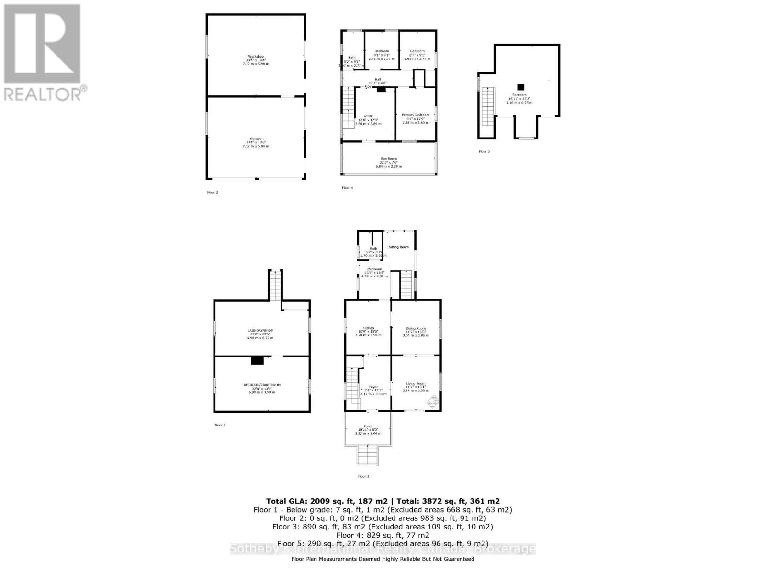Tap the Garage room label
tap(256, 139)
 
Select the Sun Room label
tap(389, 159)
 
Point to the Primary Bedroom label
tap(415, 115)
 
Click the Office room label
tap(368, 116)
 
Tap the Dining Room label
tap(416, 328)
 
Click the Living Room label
tap(416, 383)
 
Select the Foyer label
tap(373, 387)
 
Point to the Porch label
tap(368, 426)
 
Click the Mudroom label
tap(374, 269)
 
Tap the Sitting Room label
tap(398, 247)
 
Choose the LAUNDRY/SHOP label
tap(260, 331)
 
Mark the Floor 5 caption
tap(484, 151)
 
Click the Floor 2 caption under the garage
tap(213, 192)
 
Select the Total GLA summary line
tap(383, 501)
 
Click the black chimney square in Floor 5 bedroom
tap(520, 87)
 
